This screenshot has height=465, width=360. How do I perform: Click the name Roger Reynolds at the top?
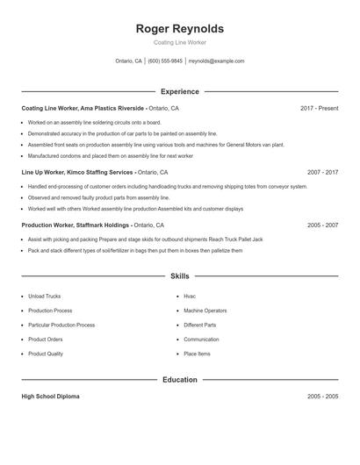[x=180, y=28]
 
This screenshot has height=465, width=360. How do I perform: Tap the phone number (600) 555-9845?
[x=165, y=61]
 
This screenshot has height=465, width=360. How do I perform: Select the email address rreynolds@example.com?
[x=217, y=61]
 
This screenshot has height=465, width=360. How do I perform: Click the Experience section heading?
[x=180, y=91]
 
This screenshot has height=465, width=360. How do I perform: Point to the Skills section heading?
[x=180, y=275]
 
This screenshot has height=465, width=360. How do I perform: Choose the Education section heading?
[x=180, y=380]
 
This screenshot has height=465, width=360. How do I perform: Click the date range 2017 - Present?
[x=319, y=108]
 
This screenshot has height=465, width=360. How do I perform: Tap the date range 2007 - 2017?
[x=322, y=172]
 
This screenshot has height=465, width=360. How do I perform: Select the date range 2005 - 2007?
[x=322, y=225]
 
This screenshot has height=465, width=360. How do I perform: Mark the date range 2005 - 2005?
[x=322, y=397]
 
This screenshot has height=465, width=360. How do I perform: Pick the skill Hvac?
[x=190, y=297]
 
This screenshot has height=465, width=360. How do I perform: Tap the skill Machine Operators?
[x=205, y=311]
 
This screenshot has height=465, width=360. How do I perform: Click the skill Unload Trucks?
[x=44, y=297]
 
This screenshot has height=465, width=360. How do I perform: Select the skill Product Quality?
[x=46, y=354]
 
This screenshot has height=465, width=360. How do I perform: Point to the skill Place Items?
[x=197, y=354]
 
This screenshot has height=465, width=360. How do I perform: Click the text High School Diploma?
[x=50, y=397]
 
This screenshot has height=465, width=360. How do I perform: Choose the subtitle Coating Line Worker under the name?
[x=180, y=42]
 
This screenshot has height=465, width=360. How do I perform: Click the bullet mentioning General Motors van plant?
[x=155, y=145]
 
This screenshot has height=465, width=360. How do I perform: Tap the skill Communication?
[x=201, y=340]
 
